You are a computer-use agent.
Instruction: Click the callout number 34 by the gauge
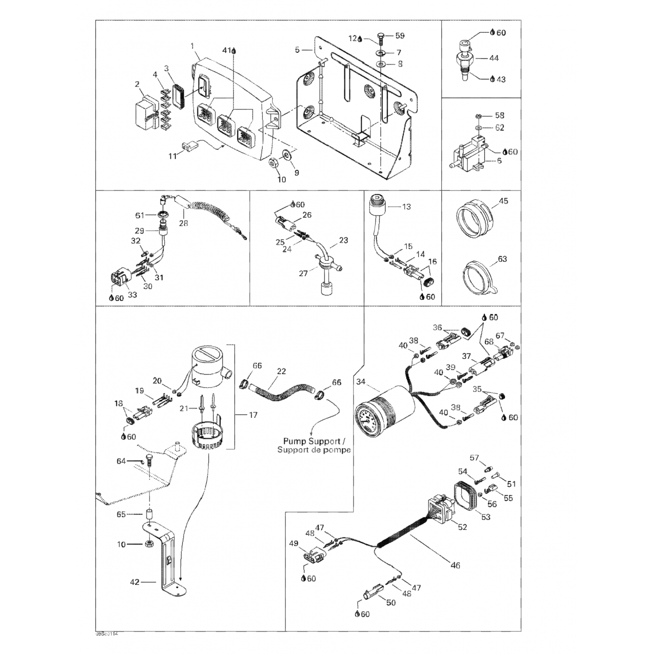[x=361, y=382]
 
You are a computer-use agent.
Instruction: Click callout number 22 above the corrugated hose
[x=281, y=371]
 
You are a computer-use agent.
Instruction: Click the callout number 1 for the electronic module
[x=192, y=46]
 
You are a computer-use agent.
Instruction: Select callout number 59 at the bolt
[x=400, y=35]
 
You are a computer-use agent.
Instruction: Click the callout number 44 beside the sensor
[x=494, y=58]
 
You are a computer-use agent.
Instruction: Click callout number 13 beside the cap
[x=406, y=207]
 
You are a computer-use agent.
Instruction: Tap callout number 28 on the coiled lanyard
[x=184, y=223]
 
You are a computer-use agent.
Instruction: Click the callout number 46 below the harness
[x=455, y=565]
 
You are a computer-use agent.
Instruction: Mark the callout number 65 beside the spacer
[x=121, y=514]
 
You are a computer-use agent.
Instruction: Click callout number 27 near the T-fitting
[x=303, y=273]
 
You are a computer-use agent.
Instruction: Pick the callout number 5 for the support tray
[x=297, y=50]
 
